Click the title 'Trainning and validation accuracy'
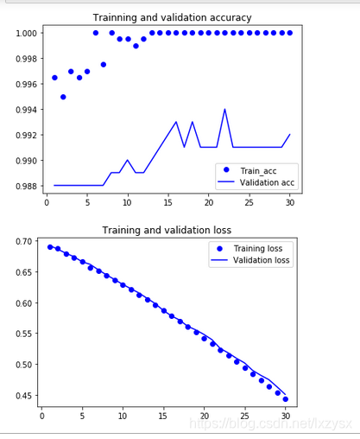[x=172, y=18]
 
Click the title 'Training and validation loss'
[x=167, y=230]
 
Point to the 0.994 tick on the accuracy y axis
[x=27, y=110]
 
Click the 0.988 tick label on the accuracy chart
[x=27, y=186]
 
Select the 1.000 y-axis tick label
[x=27, y=33]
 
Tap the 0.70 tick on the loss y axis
[x=24, y=241]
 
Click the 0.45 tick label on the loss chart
[x=24, y=396]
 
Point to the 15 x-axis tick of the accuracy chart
[x=168, y=202]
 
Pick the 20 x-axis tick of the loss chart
[x=205, y=416]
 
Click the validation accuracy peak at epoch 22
[x=224, y=109]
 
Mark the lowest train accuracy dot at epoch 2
[x=63, y=97]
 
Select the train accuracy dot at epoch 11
[x=136, y=46]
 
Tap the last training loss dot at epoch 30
[x=286, y=399]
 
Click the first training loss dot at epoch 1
[x=50, y=247]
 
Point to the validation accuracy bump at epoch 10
[x=128, y=160]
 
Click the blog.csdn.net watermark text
[x=270, y=423]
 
